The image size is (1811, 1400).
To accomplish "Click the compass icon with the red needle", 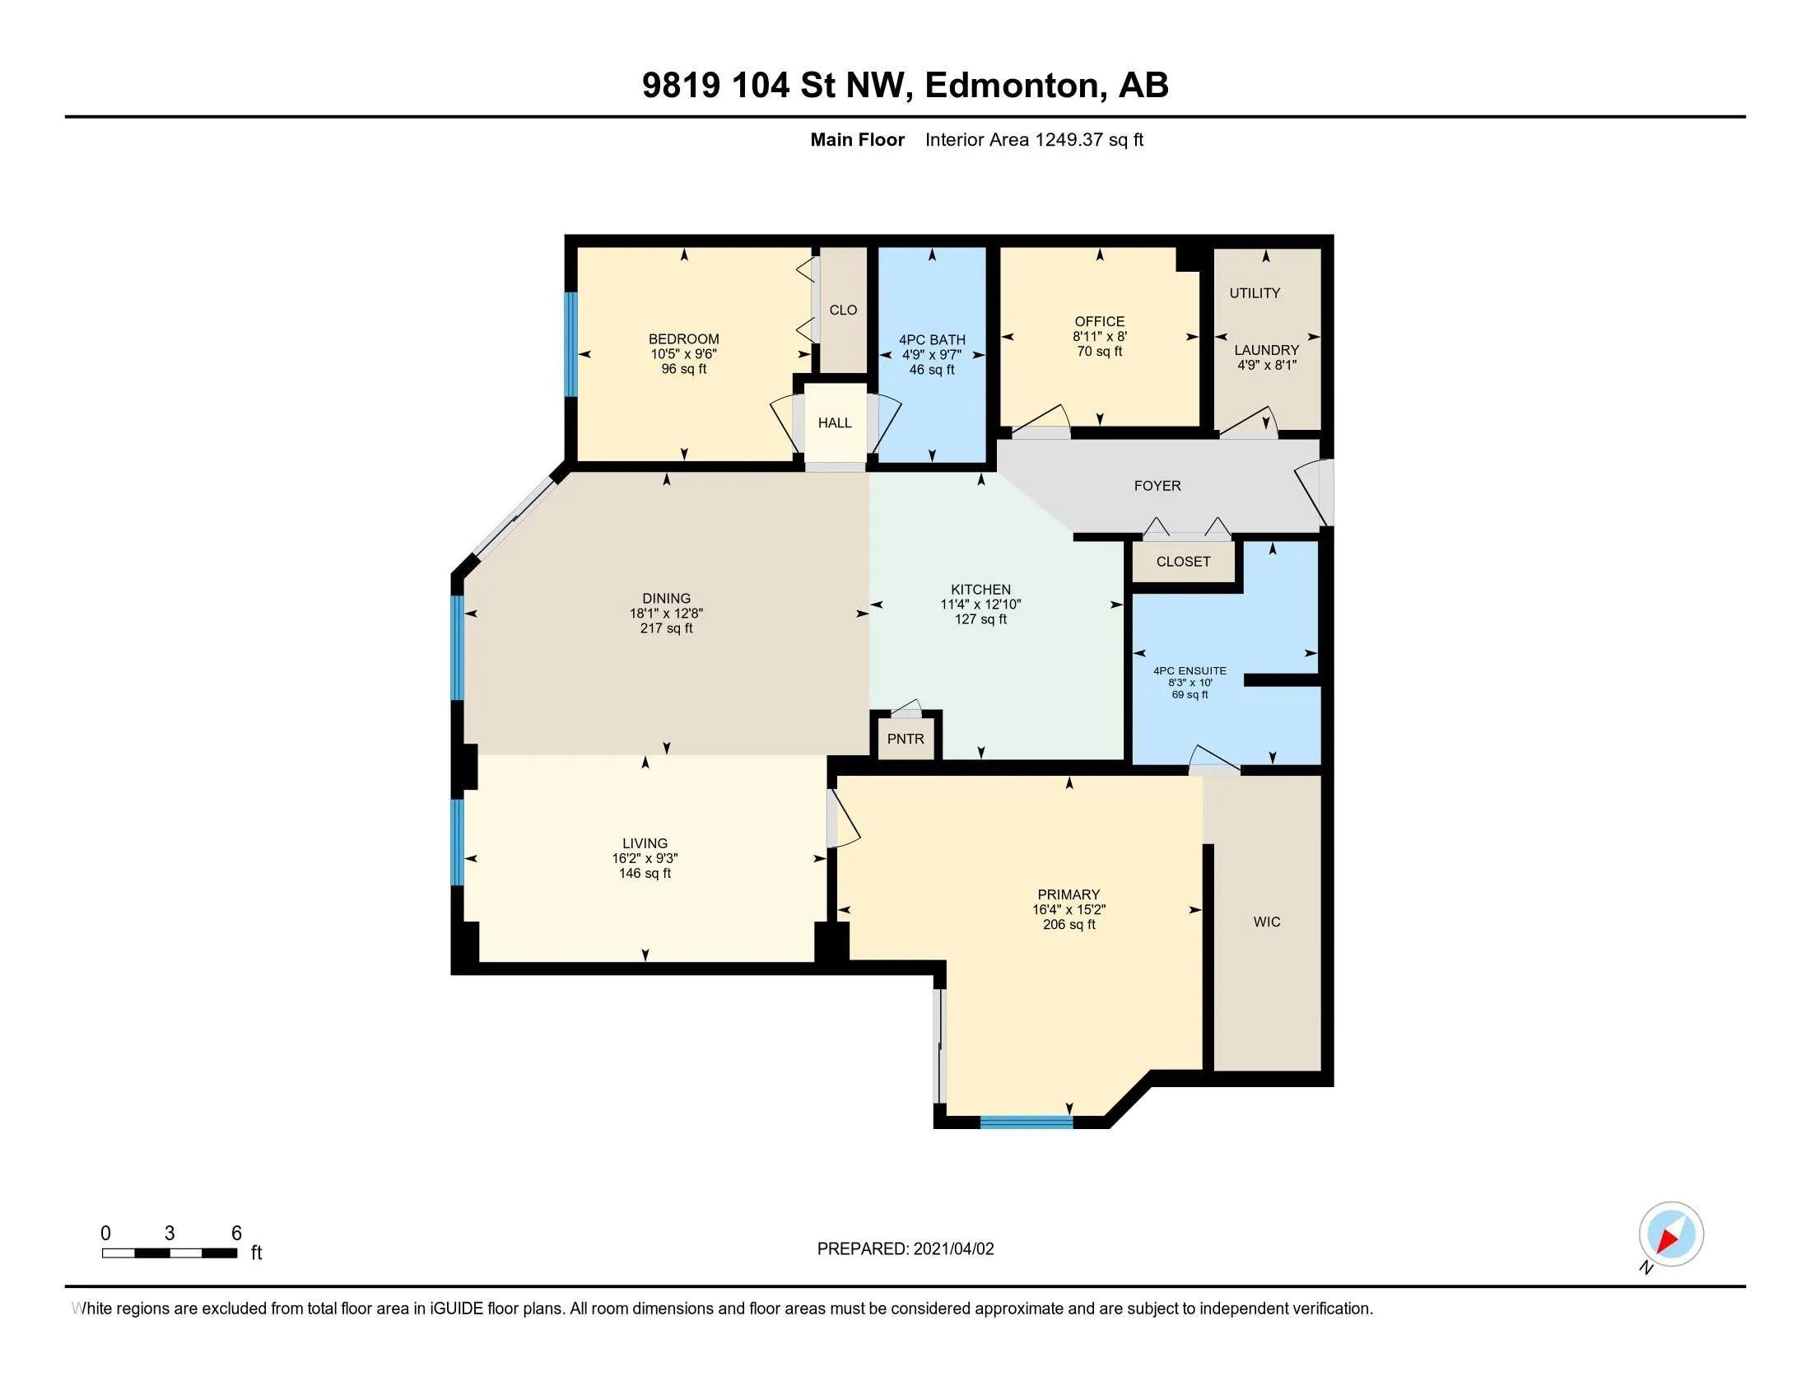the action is [x=1670, y=1234].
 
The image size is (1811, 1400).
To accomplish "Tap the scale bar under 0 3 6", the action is [x=169, y=1253].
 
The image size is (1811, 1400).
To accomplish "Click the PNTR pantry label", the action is [x=905, y=738].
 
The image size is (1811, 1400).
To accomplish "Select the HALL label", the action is [x=834, y=422].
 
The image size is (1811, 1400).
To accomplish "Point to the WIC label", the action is [x=1266, y=922].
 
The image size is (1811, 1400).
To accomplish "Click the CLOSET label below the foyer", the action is [x=1182, y=562].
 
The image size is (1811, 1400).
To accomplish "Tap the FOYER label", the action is [x=1157, y=485].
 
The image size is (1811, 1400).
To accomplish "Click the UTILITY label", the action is [x=1254, y=293].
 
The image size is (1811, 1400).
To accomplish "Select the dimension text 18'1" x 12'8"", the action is [x=666, y=614].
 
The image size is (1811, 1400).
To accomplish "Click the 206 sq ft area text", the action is [x=1068, y=925].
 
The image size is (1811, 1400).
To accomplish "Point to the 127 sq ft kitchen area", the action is [x=980, y=619].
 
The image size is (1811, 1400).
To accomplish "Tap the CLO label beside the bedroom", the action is [x=842, y=310].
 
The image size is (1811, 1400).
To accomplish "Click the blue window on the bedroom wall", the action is [x=570, y=344].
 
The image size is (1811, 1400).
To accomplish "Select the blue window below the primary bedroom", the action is [x=1027, y=1122].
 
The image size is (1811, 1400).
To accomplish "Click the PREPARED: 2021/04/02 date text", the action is [x=905, y=1249].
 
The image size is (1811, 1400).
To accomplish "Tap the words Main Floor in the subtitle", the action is [x=857, y=139].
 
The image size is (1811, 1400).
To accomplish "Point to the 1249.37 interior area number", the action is [x=1068, y=139].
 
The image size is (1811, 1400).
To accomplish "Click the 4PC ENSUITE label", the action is [x=1189, y=671].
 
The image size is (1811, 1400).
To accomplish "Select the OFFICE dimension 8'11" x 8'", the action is [x=1099, y=337].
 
